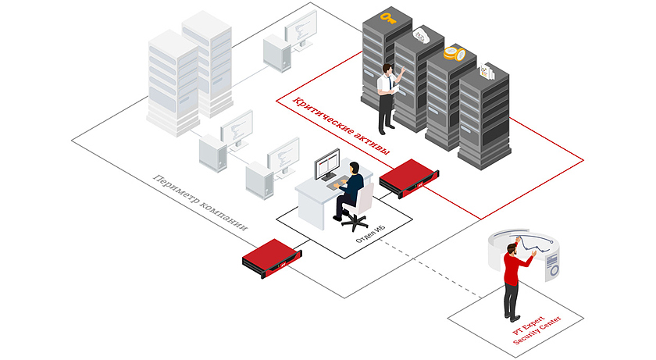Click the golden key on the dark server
point(386,16)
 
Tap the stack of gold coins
point(454,54)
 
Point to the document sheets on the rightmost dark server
point(488,72)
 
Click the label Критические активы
point(340,126)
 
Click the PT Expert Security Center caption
point(536,325)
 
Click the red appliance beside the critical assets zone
point(408,178)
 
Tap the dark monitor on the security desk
point(326,164)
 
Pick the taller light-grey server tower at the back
point(207,62)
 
